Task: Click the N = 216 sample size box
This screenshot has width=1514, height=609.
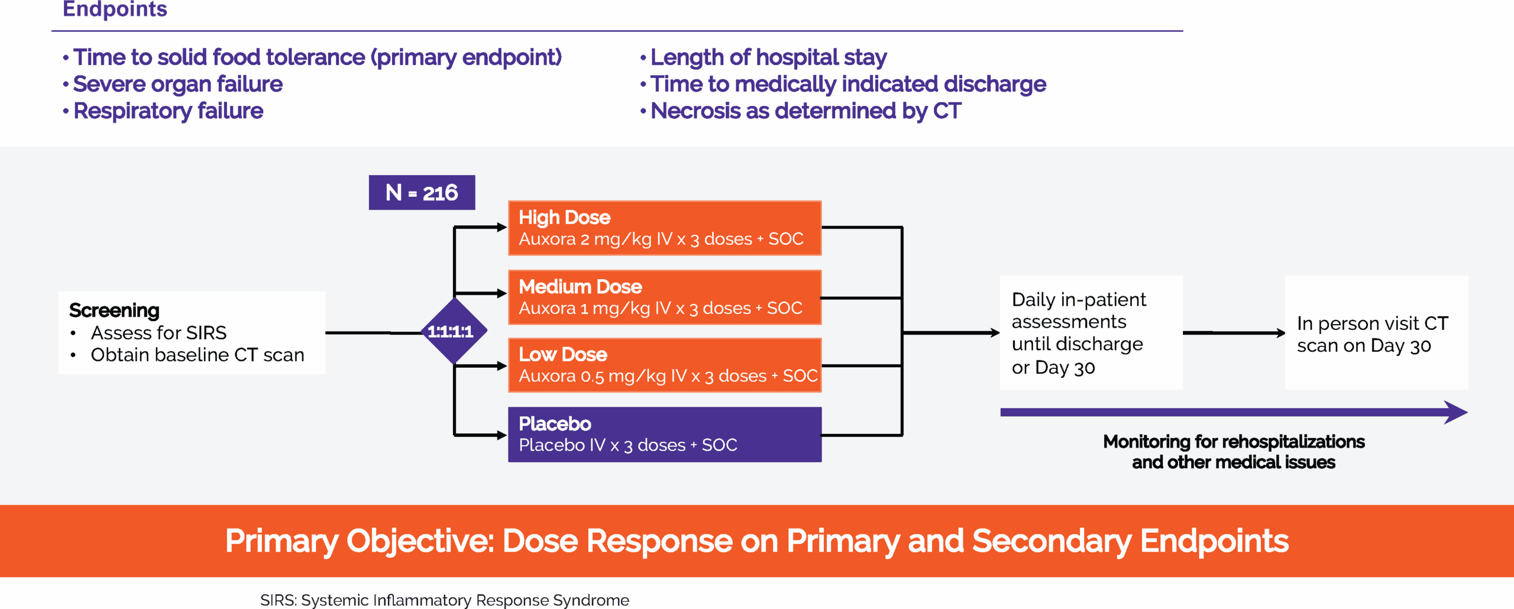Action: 422,193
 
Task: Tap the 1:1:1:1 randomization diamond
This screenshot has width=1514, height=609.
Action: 453,331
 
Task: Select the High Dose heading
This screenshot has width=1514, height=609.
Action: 564,218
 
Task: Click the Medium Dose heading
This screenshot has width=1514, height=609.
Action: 580,287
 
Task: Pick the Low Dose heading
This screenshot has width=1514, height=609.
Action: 562,355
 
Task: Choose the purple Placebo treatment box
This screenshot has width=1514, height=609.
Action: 664,435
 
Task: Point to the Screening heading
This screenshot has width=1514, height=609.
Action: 114,310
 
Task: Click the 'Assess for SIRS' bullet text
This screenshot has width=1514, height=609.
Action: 158,333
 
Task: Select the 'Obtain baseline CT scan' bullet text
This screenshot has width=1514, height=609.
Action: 198,355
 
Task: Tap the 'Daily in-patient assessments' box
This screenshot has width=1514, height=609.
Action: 1091,333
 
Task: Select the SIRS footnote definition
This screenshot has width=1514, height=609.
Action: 444,600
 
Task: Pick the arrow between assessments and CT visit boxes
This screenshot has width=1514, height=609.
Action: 1233,333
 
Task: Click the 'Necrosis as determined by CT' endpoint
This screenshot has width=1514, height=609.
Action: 805,111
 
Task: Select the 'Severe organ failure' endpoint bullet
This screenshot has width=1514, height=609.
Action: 177,85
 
